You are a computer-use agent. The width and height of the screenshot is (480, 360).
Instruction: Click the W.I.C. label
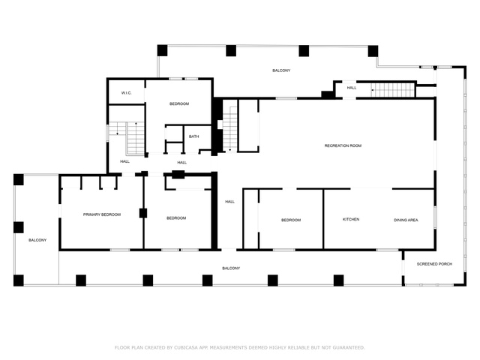tap(127, 93)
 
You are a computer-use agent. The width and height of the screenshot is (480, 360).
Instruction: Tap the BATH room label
tap(193, 136)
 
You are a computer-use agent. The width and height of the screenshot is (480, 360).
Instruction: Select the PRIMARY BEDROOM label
tap(102, 214)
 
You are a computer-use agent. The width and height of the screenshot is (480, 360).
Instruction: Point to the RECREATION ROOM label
tap(343, 145)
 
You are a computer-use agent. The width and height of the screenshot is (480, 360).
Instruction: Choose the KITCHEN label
tap(351, 220)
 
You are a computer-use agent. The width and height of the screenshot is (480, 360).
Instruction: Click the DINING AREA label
tap(406, 220)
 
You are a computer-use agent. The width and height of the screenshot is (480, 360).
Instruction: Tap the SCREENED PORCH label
tap(434, 264)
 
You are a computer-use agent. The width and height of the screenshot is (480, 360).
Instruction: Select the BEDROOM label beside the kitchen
tap(291, 220)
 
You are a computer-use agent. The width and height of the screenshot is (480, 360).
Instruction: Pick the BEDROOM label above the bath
tap(179, 103)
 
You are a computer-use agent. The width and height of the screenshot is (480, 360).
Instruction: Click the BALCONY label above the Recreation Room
tap(281, 70)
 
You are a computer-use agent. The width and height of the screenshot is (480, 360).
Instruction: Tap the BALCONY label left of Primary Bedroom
tap(37, 240)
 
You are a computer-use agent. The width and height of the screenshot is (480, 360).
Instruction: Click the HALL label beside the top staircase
tap(352, 88)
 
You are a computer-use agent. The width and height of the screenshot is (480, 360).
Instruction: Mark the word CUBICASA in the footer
tap(186, 347)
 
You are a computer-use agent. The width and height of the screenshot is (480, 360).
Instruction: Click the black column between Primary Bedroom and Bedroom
tap(143, 213)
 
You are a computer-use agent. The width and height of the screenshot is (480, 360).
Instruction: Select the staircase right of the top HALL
tap(393, 90)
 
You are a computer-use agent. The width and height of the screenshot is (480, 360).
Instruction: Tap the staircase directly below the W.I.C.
tap(127, 138)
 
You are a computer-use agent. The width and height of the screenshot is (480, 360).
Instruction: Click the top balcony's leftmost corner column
tap(162, 50)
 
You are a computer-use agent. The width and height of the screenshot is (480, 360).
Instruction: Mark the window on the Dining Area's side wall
tap(435, 217)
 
